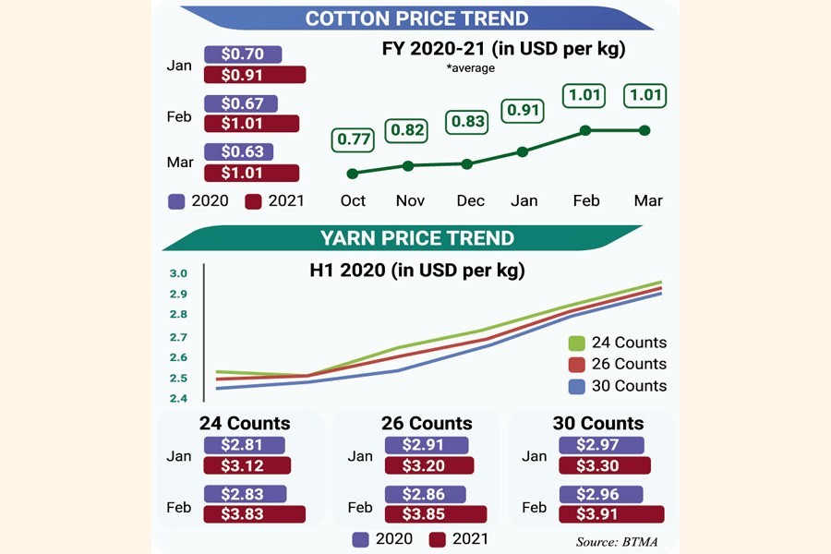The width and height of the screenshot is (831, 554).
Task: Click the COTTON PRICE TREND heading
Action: coord(416,18)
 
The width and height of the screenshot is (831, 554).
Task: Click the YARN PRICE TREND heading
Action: coord(416,238)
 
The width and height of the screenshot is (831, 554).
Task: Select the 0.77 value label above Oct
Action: coord(353,140)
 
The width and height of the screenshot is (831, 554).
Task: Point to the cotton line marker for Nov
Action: coord(409,166)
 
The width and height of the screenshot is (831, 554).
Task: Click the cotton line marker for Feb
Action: coord(585,131)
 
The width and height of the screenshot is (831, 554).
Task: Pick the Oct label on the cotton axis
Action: coord(353,200)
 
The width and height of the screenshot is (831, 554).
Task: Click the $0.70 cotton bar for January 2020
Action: coord(243,54)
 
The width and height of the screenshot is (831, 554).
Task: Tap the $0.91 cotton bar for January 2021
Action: coord(254,75)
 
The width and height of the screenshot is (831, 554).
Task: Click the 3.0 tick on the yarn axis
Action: coord(178,274)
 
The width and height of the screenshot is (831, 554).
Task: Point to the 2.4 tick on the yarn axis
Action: coord(178,399)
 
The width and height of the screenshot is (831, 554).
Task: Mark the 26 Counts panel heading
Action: coord(427,424)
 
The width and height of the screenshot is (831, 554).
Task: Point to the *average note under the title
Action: coord(471,68)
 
